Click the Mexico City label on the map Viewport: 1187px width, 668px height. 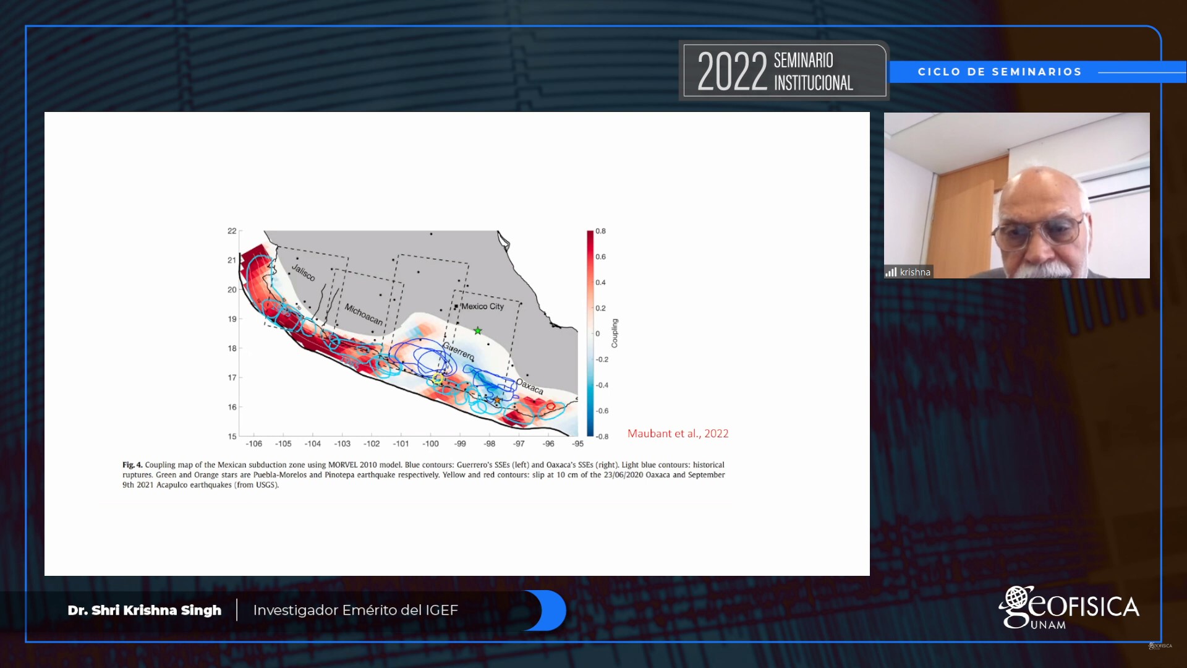pos(482,306)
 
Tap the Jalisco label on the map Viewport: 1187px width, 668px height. pos(303,273)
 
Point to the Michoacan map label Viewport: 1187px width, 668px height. pos(364,314)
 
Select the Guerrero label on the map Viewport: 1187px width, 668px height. pos(458,351)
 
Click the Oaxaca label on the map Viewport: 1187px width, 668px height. pos(530,387)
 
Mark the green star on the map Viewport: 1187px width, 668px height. pos(478,331)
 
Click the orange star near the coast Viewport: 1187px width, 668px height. pos(497,400)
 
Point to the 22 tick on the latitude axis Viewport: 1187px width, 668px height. pos(232,231)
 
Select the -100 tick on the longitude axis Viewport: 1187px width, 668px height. pos(430,443)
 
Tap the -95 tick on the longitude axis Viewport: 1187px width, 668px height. pos(577,443)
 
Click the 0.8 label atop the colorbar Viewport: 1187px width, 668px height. pos(600,231)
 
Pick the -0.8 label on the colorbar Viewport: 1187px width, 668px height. pos(602,436)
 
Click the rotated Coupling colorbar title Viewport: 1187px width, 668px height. pos(615,333)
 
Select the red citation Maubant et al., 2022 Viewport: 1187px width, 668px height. pos(678,434)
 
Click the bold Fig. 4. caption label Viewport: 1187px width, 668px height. pos(132,465)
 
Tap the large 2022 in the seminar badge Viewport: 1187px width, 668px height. pos(732,71)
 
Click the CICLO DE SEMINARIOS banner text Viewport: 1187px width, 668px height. pos(1000,72)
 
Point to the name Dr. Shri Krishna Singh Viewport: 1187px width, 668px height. pos(145,610)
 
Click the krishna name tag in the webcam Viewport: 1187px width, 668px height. pos(915,272)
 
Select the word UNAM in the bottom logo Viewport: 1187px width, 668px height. pos(1048,625)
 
